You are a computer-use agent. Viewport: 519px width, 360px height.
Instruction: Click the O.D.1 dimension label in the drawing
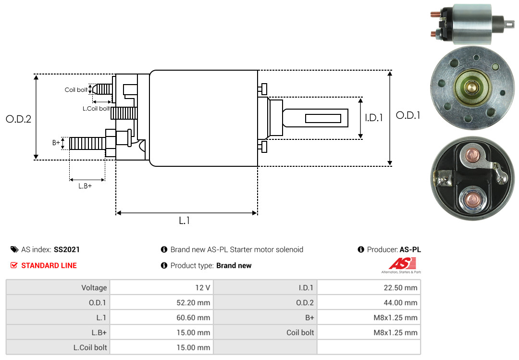[x=408, y=115]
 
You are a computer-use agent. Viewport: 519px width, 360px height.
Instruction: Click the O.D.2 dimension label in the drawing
[x=18, y=119]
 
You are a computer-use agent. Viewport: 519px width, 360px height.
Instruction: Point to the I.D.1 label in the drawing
[x=373, y=117]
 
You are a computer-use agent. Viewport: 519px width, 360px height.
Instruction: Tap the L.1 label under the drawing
[x=185, y=221]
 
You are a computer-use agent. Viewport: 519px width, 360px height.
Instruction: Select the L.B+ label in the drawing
[x=85, y=186]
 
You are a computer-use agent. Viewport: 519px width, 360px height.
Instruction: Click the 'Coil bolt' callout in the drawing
[x=76, y=90]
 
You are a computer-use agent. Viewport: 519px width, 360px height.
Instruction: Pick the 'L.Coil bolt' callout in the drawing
[x=96, y=109]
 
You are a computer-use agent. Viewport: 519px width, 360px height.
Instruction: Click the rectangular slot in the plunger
[x=323, y=118]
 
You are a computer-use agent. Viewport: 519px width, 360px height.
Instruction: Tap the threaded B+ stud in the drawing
[x=86, y=143]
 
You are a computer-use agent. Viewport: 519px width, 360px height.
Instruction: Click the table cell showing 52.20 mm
[x=161, y=303]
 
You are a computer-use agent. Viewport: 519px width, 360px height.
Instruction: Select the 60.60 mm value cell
[x=161, y=318]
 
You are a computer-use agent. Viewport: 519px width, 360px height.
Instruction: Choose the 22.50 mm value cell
[x=369, y=288]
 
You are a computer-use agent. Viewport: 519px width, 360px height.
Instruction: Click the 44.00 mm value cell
[x=369, y=303]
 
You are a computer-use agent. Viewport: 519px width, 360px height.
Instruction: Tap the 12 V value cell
[x=161, y=288]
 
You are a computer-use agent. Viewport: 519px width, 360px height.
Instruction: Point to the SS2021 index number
[x=67, y=249]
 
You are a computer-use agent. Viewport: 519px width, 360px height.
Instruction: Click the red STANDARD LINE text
[x=49, y=265]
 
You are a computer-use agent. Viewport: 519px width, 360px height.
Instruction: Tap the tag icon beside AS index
[x=14, y=249]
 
